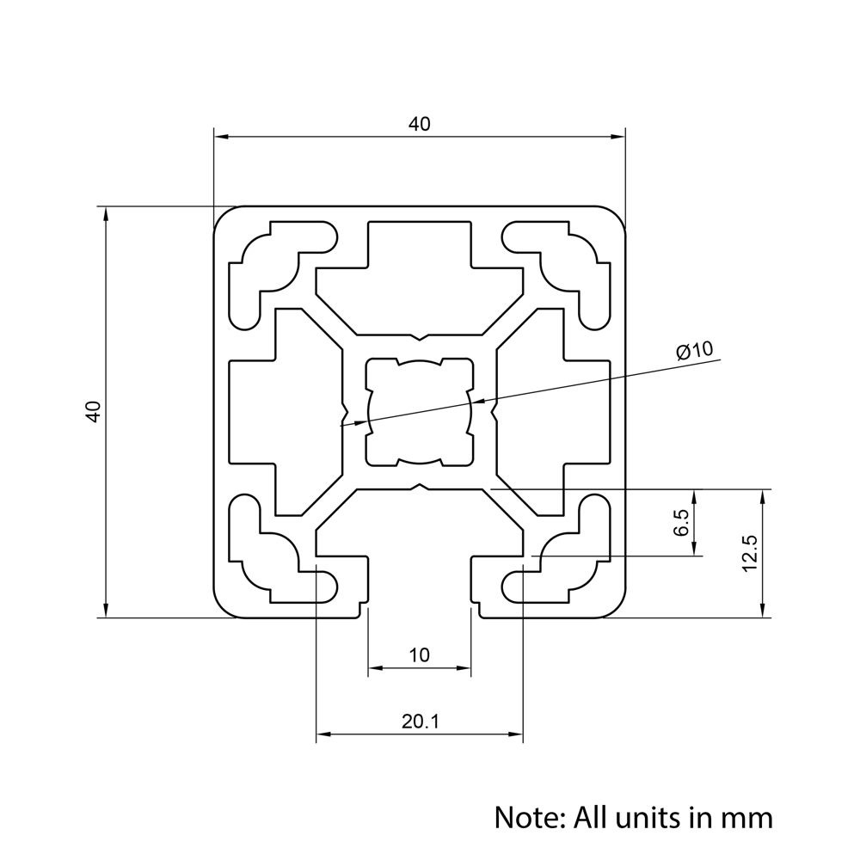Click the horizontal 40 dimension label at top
(x=419, y=124)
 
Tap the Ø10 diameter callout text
(x=695, y=350)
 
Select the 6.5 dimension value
(x=681, y=523)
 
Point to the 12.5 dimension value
(x=748, y=553)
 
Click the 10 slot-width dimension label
(x=419, y=655)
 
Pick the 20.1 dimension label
(x=420, y=722)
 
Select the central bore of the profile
(x=420, y=411)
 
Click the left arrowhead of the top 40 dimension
(x=221, y=136)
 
